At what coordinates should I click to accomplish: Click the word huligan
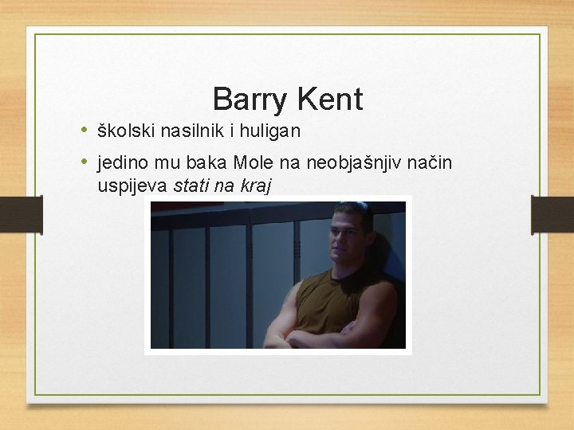(x=270, y=130)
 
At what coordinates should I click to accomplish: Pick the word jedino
(x=124, y=163)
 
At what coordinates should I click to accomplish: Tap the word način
(x=430, y=163)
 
